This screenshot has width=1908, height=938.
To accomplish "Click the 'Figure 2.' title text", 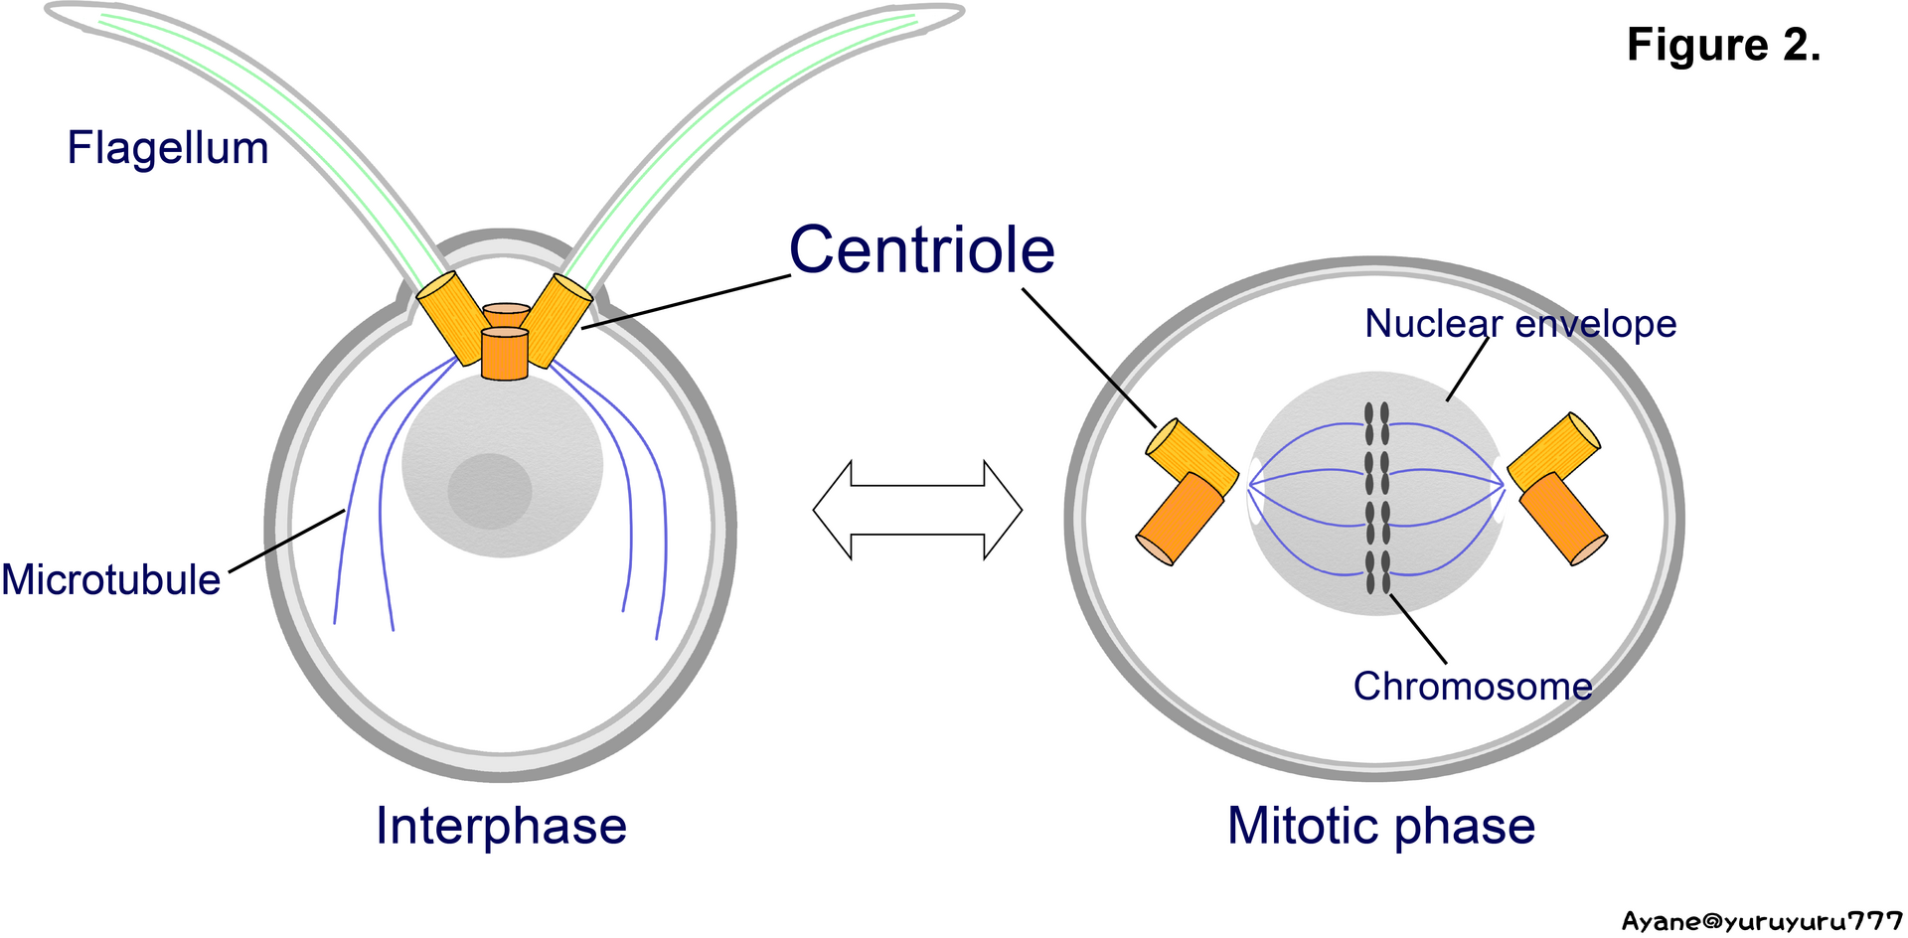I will click(1723, 46).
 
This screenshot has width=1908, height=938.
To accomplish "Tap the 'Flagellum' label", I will click(168, 149).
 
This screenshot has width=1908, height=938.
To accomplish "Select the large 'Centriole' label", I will click(921, 249).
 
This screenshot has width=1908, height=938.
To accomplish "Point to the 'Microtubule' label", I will click(111, 579).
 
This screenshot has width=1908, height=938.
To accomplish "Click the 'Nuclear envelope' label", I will click(1519, 324).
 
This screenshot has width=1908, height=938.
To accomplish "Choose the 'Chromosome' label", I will click(1472, 687).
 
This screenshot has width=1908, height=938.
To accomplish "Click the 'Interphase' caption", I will click(501, 826).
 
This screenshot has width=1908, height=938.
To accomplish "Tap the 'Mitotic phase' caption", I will click(1380, 826).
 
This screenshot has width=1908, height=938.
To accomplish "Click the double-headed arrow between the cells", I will click(917, 510).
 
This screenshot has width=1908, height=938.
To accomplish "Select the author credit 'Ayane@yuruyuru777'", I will click(1762, 921).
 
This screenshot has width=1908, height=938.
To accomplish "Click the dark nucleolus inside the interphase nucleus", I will click(489, 491).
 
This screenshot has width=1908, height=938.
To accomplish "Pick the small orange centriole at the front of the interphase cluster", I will click(504, 354).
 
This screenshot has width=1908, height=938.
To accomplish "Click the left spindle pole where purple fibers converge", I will click(1250, 485).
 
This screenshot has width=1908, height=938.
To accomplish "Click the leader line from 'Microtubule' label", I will click(287, 542).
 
